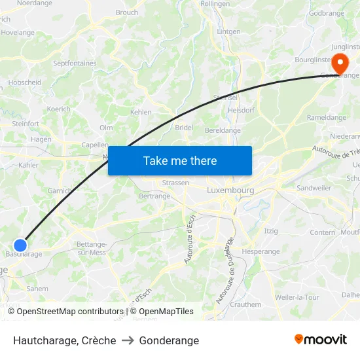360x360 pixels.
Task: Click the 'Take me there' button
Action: tap(180, 160)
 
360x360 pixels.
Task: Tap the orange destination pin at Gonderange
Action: tap(340, 64)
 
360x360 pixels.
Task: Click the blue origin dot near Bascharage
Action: tap(20, 245)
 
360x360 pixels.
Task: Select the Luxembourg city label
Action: tap(230, 190)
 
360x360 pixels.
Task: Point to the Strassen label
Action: tap(175, 183)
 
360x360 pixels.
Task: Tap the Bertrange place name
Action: tap(154, 196)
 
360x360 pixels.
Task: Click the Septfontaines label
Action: tap(75, 63)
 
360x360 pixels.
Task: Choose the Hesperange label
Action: tap(261, 251)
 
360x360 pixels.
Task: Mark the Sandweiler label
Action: tap(314, 187)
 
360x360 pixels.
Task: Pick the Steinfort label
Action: tap(26, 123)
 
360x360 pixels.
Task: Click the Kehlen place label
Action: tap(141, 112)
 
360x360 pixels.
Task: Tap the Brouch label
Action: tap(127, 12)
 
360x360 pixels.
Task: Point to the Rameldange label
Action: tap(327, 117)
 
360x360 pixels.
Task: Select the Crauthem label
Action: tap(245, 304)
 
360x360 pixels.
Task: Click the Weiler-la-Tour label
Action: tap(297, 297)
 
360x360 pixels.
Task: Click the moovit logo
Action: tap(320, 339)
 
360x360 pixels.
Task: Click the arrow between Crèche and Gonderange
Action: tap(128, 340)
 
